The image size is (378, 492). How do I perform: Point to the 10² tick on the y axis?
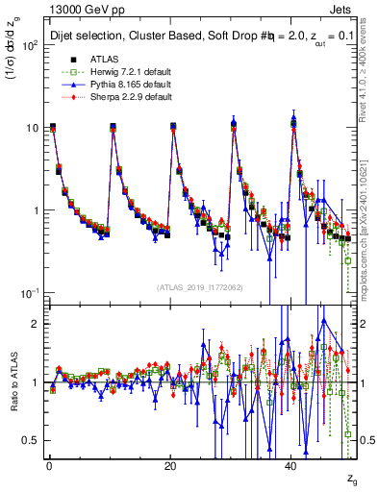30,45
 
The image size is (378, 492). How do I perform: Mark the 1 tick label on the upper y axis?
36,210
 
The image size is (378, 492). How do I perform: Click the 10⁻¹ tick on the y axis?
30,292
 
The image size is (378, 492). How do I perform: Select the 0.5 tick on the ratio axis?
32,440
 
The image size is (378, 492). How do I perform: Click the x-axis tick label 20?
170,464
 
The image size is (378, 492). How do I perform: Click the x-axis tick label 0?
48,464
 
